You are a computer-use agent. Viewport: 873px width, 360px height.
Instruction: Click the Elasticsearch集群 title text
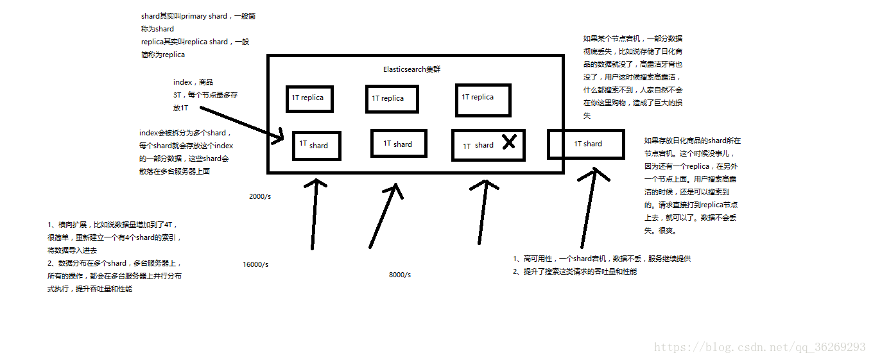pos(411,69)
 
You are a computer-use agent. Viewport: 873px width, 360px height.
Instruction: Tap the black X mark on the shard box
pos(508,142)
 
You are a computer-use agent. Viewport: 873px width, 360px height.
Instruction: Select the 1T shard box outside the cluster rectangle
pos(586,144)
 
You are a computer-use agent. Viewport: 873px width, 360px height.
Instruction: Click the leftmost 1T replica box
pos(309,99)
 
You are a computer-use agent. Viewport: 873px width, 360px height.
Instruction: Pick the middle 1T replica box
pos(392,99)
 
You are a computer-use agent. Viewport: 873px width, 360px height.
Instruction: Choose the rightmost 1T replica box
pos(483,100)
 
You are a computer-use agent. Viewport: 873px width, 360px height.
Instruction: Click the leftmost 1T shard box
pos(316,146)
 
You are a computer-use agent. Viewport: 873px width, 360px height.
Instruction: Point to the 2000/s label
pos(260,196)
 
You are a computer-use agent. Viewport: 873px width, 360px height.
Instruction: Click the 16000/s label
pos(255,264)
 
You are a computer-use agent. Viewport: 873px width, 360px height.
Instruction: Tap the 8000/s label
pos(400,275)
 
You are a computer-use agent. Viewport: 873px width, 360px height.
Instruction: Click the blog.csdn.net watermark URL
pos(759,347)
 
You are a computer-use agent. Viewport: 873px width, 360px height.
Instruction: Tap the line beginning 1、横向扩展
pos(113,225)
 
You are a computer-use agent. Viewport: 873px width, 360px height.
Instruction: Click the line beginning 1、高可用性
pos(601,259)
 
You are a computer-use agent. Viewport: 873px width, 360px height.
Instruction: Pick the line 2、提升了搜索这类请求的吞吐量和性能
pos(575,271)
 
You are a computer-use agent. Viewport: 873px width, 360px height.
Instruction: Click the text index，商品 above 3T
pos(193,82)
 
